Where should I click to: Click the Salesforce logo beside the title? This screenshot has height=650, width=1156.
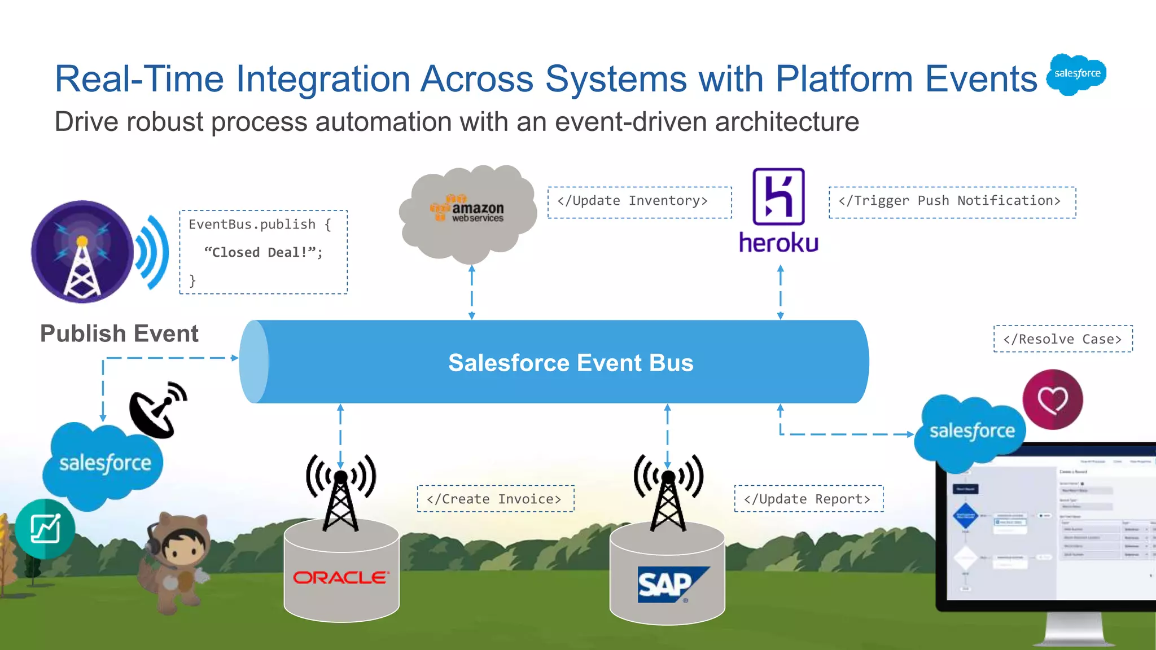pos(1076,74)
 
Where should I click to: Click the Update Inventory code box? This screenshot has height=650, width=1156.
pos(639,202)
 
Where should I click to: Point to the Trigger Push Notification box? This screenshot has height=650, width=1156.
pos(952,202)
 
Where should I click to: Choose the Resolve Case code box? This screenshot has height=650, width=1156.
pos(1062,339)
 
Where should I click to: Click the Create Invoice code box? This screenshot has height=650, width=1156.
pos(495,499)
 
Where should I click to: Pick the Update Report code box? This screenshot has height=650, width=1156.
pos(808,499)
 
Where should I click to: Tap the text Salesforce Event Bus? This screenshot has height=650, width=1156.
pos(570,363)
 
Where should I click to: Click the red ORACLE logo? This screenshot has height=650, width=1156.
pos(340,577)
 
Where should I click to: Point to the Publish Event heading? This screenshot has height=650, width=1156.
pos(119,333)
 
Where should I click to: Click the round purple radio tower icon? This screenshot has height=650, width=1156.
pos(82,252)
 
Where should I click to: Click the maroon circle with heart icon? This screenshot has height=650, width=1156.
pos(1052,399)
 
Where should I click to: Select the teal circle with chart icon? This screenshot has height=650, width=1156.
pos(45,529)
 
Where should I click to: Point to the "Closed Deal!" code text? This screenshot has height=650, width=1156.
pos(263,252)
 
